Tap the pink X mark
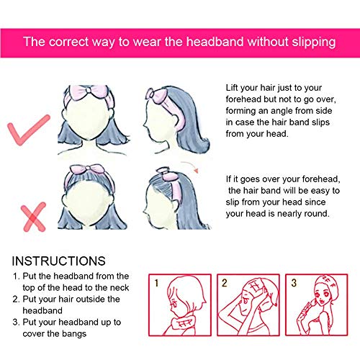click(x=33, y=217)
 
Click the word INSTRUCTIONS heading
click(x=59, y=261)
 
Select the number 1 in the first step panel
click(x=156, y=283)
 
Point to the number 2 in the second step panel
click(x=225, y=283)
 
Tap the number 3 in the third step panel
click(x=294, y=283)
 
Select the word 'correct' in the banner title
click(x=69, y=42)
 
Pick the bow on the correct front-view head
click(x=88, y=91)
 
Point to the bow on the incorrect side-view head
click(x=166, y=174)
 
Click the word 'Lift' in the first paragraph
click(x=232, y=88)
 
